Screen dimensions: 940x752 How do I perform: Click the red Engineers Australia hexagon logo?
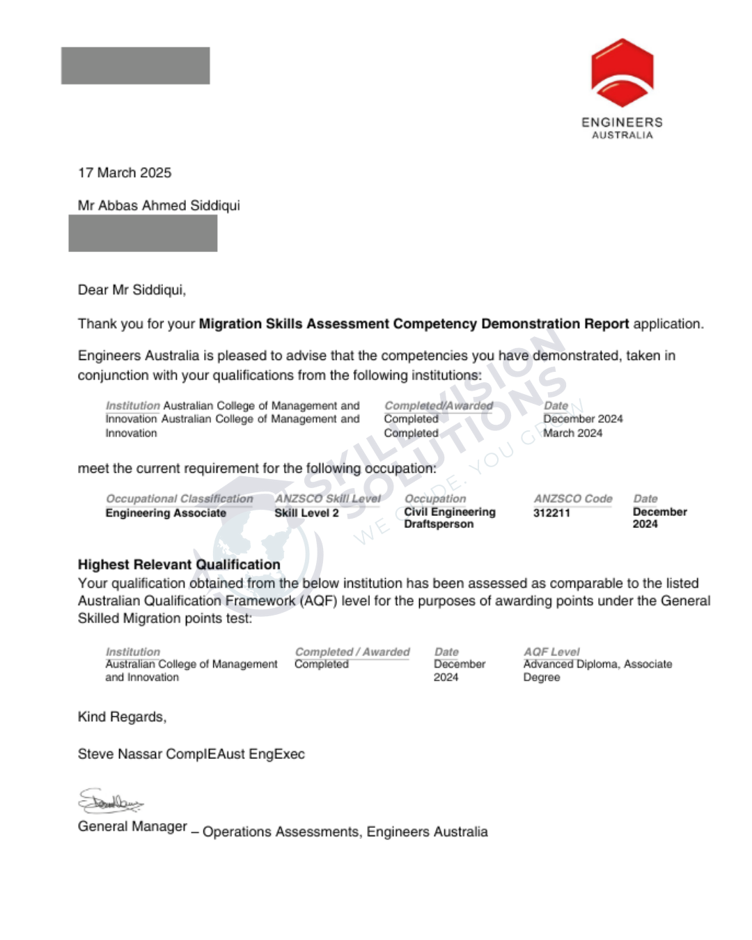coord(622,73)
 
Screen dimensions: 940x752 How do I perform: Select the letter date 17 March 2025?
coord(125,173)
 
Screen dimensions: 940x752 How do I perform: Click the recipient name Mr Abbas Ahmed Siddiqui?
coord(159,205)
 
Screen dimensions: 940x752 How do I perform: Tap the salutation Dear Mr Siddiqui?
coord(132,290)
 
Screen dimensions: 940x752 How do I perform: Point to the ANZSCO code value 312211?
coord(551,513)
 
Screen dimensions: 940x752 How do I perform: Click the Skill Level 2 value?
coord(306,513)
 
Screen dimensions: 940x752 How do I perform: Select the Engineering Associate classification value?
coord(166,513)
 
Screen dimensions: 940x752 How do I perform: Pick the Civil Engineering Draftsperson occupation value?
coord(449,518)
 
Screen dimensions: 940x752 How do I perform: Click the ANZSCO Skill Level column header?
coord(327,499)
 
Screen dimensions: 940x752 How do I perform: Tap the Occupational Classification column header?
coord(179,499)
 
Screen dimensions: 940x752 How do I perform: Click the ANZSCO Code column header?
coord(573,499)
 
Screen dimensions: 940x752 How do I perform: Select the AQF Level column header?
coord(551,652)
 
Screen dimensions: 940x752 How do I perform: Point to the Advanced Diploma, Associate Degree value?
coord(597,671)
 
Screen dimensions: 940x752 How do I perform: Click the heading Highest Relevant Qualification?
coord(179,565)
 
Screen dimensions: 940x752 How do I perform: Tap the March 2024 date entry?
coord(572,433)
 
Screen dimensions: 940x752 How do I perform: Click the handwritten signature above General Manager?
coord(110,802)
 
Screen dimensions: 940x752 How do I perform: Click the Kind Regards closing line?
coord(122,717)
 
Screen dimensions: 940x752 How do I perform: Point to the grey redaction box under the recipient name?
coord(143,233)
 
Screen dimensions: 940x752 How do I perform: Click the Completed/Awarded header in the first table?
coord(439,405)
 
